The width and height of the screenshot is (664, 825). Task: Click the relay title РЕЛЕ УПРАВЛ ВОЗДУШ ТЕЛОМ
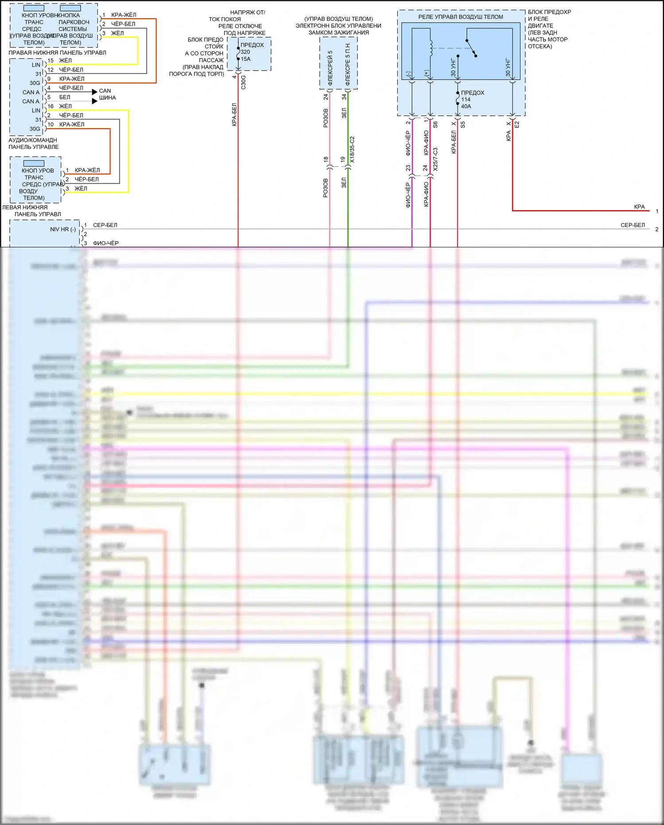pos(461,17)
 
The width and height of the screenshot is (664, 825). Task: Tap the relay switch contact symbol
pos(471,48)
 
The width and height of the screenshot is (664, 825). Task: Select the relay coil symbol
pos(430,48)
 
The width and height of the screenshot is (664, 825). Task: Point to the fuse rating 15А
pos(245,59)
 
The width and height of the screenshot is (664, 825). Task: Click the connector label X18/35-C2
pos(352,150)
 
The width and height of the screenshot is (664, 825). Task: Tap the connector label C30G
pos(243,82)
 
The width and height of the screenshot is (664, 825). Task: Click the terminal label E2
pos(516,125)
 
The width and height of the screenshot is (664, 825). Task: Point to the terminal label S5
pos(463,125)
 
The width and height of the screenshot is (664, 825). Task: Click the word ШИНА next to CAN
pos(108,98)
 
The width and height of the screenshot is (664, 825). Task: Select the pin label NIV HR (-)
pos(62,230)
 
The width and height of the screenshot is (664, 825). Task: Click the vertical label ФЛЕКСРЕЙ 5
pos(330,67)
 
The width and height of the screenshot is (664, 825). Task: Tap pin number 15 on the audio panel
pos(50,61)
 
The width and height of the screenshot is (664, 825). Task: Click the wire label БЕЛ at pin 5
pos(65,97)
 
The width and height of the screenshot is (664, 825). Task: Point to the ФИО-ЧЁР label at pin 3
pos(105,243)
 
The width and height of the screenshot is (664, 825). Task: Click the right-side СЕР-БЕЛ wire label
pos(633,225)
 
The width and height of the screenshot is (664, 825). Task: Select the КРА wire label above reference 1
pos(639,207)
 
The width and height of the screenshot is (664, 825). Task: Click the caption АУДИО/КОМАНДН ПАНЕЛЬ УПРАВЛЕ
pos(33,144)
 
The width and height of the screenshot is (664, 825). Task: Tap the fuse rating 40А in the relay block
pos(466,106)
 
